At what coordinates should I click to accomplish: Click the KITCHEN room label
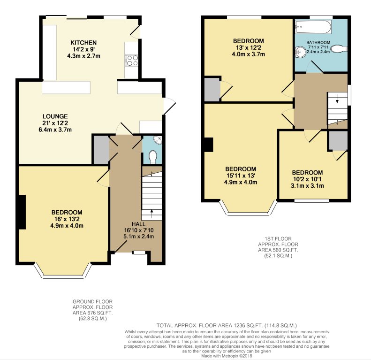(x=83, y=43)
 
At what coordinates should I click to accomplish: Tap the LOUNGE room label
(x=55, y=116)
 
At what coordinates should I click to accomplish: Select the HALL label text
(x=139, y=224)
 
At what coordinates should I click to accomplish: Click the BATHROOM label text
(x=318, y=43)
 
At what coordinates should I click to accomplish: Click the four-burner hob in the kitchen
(x=131, y=60)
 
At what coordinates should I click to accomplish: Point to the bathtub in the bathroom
(x=313, y=27)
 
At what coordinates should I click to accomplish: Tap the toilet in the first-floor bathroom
(x=339, y=49)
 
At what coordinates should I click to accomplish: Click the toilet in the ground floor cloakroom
(x=153, y=157)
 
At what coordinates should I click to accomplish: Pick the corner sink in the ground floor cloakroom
(x=158, y=140)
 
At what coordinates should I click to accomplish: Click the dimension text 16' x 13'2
(x=67, y=219)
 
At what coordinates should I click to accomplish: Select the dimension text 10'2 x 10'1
(x=307, y=179)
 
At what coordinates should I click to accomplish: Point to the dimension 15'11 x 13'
(x=241, y=176)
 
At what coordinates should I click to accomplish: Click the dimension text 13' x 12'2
(x=249, y=47)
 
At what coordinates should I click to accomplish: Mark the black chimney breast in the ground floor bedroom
(x=22, y=212)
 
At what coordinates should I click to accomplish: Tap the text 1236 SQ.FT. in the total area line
(x=249, y=325)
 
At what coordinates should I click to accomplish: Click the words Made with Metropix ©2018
(x=227, y=356)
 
